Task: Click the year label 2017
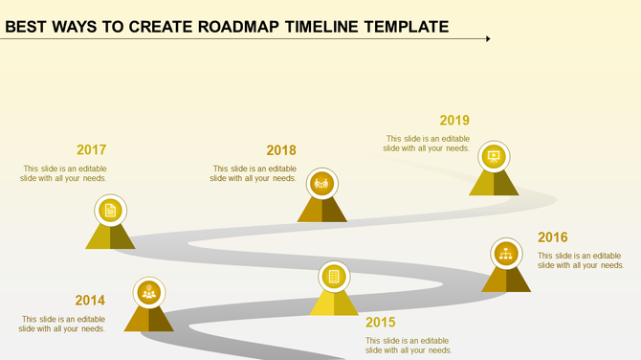pyautogui.click(x=91, y=150)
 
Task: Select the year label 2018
pyautogui.click(x=281, y=150)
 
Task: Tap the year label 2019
pyautogui.click(x=454, y=121)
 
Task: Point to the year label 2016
pyautogui.click(x=552, y=237)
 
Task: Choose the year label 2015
pyautogui.click(x=380, y=322)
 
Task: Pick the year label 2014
pyautogui.click(x=90, y=300)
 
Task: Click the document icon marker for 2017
pyautogui.click(x=111, y=210)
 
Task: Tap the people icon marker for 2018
pyautogui.click(x=321, y=182)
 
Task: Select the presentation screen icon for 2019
pyautogui.click(x=494, y=156)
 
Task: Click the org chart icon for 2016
pyautogui.click(x=505, y=254)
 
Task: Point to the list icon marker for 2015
pyautogui.click(x=334, y=277)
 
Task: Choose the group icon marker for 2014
pyautogui.click(x=148, y=291)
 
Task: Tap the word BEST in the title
pyautogui.click(x=26, y=27)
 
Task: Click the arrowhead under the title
pyautogui.click(x=487, y=39)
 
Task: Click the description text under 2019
pyautogui.click(x=427, y=144)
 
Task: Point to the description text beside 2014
pyautogui.click(x=63, y=324)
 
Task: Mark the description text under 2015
pyautogui.click(x=409, y=345)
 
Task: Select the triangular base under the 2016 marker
pyautogui.click(x=506, y=280)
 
